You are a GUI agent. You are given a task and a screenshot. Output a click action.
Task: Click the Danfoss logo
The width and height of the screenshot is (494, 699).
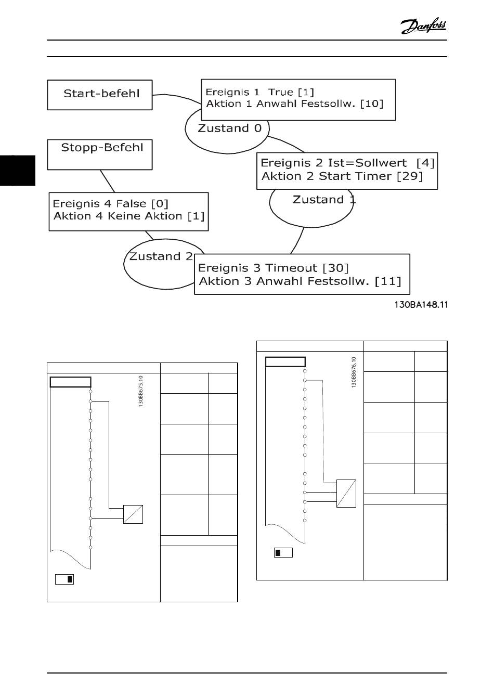coord(423,25)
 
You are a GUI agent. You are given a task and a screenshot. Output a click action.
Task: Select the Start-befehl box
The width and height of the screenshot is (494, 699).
coord(100,95)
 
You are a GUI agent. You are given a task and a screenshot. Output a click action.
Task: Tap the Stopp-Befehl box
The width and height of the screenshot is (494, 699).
coord(100,154)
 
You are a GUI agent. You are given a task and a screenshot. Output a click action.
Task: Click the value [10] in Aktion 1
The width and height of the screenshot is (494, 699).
coord(372,104)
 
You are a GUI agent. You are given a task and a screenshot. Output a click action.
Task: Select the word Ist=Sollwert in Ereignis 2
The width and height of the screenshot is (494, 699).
coord(367,163)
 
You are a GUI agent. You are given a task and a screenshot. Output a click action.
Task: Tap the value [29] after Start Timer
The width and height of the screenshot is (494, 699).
coord(410,176)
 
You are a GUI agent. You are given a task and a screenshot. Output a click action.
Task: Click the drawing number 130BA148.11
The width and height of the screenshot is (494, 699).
coord(421,305)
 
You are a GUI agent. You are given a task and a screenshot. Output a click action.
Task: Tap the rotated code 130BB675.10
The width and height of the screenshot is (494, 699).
coord(141,391)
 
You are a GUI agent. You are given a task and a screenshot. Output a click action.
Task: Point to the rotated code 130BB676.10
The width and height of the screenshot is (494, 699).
coord(354,372)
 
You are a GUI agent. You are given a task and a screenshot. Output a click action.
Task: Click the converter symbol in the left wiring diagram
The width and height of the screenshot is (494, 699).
coord(133,514)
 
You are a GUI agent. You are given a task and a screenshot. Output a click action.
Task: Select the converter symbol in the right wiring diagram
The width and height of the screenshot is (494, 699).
coord(346,493)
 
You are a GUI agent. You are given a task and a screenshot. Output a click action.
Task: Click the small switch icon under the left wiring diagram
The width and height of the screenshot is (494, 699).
coord(64,579)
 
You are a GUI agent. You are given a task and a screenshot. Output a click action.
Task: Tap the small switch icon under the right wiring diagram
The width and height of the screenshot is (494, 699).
coord(283,552)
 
